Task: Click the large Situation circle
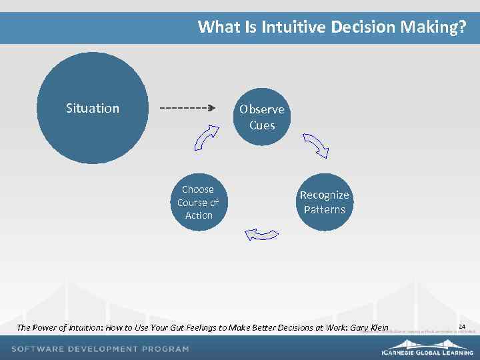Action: click(92, 108)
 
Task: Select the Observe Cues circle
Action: click(262, 117)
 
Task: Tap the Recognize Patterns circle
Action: click(324, 202)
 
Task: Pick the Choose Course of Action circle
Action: click(199, 202)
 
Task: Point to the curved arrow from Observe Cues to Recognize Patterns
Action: click(315, 145)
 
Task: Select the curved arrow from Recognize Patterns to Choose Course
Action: click(261, 233)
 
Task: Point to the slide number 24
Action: click(461, 326)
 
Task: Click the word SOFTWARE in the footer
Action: click(39, 349)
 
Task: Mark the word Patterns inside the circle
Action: click(325, 209)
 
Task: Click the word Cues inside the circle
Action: click(262, 125)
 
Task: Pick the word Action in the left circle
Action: click(199, 215)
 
